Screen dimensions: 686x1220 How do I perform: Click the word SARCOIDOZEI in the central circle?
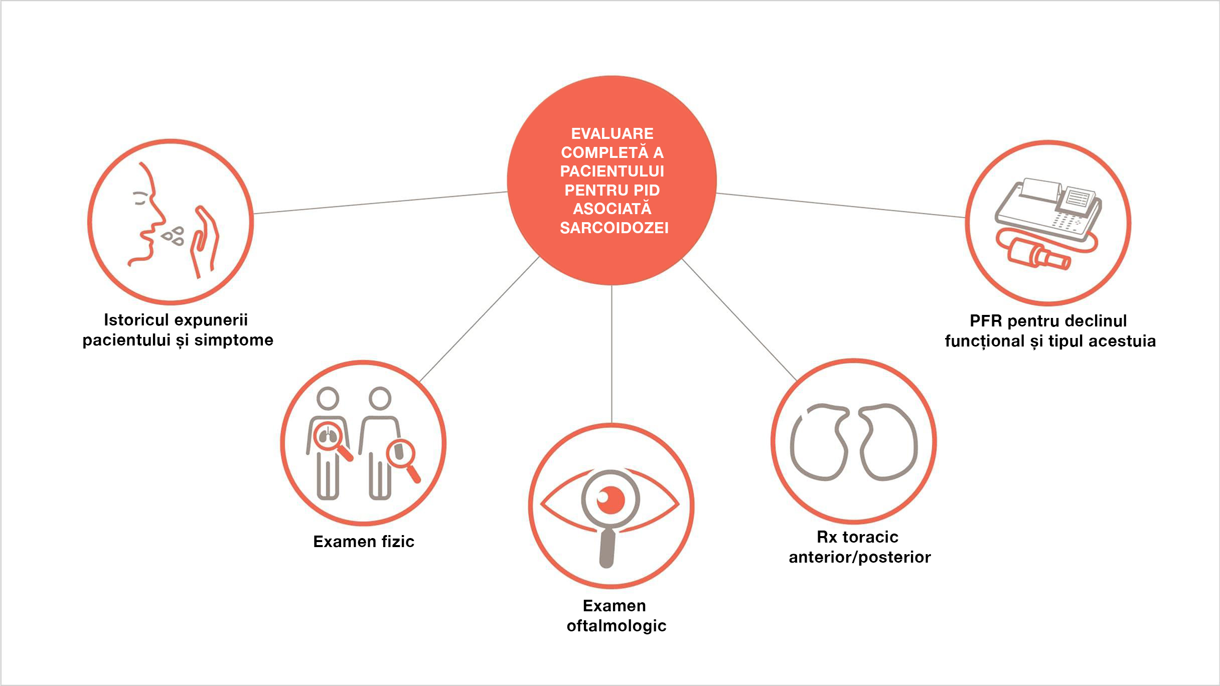point(614,228)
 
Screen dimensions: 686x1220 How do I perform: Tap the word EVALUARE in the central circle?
point(612,133)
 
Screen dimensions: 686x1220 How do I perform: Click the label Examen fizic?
point(363,542)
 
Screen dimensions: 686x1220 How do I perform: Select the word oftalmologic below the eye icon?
point(616,626)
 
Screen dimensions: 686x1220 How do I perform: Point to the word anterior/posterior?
point(859,557)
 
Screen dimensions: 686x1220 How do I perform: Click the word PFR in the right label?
point(985,321)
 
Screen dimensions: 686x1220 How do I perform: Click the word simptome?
point(234,340)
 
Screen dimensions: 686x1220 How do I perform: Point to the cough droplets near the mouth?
point(174,236)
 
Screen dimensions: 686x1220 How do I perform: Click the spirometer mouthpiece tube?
point(1038,255)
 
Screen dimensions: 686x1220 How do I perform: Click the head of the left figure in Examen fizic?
point(328,399)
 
